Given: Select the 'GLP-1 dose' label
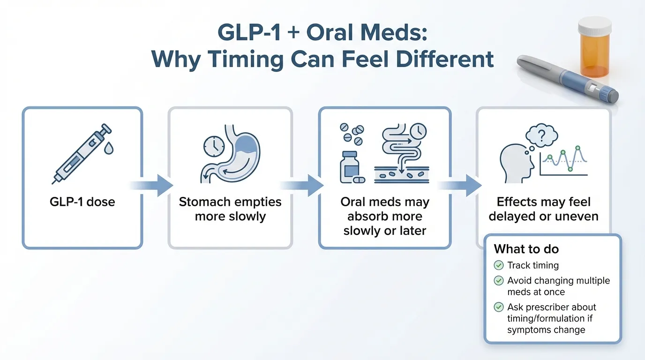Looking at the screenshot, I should click(82, 202).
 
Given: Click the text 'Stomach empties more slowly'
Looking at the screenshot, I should click(230, 209).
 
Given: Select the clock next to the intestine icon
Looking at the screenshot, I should click(417, 132).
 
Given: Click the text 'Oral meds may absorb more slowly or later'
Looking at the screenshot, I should click(385, 216).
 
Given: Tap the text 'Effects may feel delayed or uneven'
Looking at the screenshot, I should click(543, 209).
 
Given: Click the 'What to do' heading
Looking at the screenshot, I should click(526, 249).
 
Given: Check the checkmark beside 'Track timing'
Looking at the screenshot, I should click(499, 266).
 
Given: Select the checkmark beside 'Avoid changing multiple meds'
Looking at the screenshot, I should click(499, 281).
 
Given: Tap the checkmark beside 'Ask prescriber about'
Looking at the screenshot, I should click(499, 307).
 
